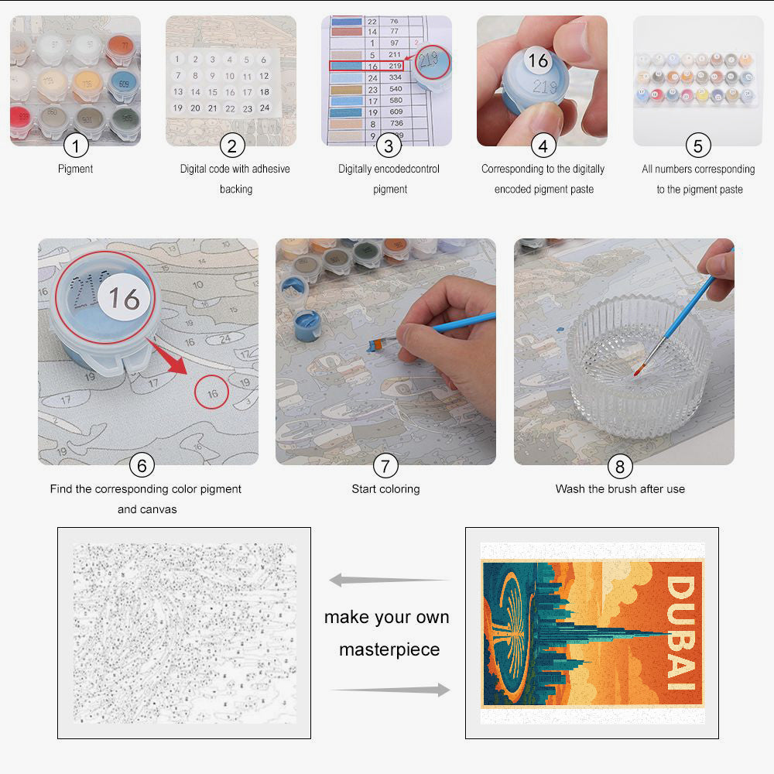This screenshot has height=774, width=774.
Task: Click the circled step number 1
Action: coord(76,145)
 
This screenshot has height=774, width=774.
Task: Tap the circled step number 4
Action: coord(543,145)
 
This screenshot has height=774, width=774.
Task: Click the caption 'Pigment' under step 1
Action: coord(75,169)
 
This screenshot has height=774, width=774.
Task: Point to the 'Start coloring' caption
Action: coord(385,489)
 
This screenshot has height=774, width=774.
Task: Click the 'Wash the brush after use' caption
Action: coord(620,489)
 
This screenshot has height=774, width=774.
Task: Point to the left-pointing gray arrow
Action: coord(389,580)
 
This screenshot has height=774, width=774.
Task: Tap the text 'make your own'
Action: coord(386,618)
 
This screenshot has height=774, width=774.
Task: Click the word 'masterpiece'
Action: coord(389,649)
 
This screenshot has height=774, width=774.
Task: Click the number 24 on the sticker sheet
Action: coord(265,108)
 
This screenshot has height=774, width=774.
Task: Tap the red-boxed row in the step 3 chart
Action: coord(366,67)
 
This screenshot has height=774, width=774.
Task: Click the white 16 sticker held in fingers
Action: coord(538,60)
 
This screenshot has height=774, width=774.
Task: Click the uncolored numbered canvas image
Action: coord(184,633)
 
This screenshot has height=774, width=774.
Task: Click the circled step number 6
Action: coord(142,465)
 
